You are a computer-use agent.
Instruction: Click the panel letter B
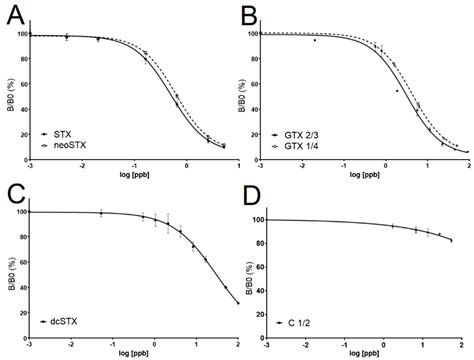(250, 14)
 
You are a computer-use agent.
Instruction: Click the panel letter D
(250, 194)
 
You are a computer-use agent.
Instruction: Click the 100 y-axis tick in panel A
(21, 34)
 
